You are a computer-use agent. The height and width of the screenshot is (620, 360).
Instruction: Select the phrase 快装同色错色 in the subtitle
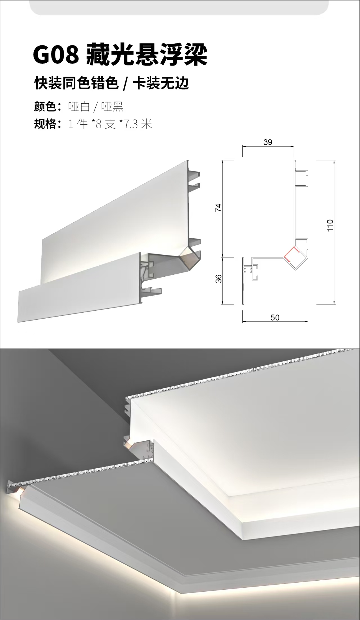coord(76,84)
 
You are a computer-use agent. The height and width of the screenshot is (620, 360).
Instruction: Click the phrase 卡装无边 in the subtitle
coord(161,84)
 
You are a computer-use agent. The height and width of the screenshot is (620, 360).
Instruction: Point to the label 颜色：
coord(48,107)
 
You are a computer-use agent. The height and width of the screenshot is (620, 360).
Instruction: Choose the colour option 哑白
coord(79,107)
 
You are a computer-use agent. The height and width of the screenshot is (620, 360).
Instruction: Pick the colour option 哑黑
coord(112,107)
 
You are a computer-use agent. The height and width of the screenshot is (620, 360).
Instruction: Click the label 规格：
coord(48,124)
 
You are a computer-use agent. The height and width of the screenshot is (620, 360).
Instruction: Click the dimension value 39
coord(268,142)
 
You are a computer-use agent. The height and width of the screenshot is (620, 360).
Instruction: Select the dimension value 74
coord(219,208)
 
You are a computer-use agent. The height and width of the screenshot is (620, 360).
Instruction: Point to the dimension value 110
coord(330,225)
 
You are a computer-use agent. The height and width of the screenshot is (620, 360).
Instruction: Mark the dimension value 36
coord(219,278)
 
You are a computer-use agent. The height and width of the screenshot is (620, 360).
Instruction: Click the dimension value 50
coord(275,317)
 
